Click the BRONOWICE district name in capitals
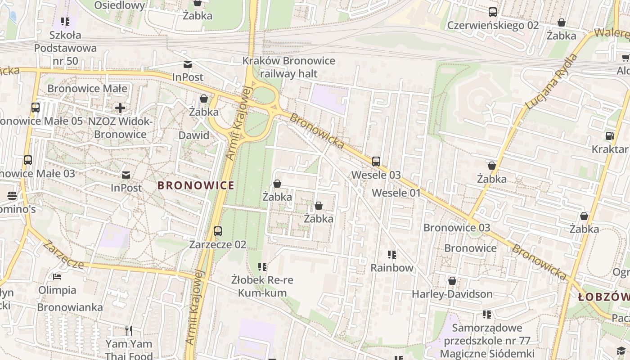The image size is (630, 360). pyautogui.click(x=196, y=185)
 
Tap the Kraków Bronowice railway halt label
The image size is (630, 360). pyautogui.click(x=289, y=67)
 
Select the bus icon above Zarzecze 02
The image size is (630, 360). pyautogui.click(x=218, y=231)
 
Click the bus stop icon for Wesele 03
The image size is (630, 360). pyautogui.click(x=376, y=162)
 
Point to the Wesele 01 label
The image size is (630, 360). pyautogui.click(x=396, y=193)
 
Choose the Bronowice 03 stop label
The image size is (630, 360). pyautogui.click(x=457, y=227)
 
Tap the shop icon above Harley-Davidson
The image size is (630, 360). pyautogui.click(x=452, y=281)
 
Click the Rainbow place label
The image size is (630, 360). pyautogui.click(x=391, y=268)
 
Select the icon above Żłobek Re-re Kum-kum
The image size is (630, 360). pyautogui.click(x=262, y=267)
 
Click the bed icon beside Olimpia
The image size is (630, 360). pyautogui.click(x=57, y=276)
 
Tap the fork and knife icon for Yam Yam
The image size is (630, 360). pyautogui.click(x=129, y=331)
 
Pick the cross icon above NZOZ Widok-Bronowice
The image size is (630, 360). pyautogui.click(x=120, y=108)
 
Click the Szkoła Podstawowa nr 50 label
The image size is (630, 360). pyautogui.click(x=65, y=48)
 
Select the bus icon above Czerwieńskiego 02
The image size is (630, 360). pyautogui.click(x=493, y=12)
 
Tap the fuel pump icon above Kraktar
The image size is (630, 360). pyautogui.click(x=610, y=135)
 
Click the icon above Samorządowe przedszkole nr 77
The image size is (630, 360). pyautogui.click(x=486, y=315)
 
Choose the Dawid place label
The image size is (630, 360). pyautogui.click(x=194, y=135)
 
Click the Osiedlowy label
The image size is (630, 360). pyautogui.click(x=120, y=5)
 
